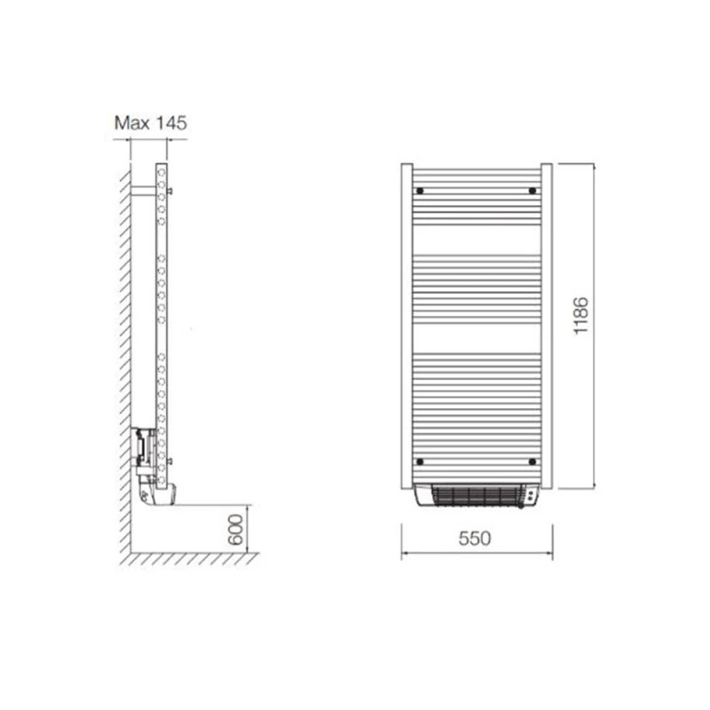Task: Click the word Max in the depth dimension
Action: pos(131,123)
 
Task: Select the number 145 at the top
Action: pos(170,123)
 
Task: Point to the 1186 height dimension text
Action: pos(580,315)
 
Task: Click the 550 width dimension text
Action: pos(477,539)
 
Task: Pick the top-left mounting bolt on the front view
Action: pos(420,191)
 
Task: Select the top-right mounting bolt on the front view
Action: pos(532,191)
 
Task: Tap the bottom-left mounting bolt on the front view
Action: pos(420,461)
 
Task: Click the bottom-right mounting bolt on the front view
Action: pos(532,461)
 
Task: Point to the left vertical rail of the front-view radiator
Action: pos(406,324)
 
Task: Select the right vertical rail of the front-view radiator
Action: pos(547,324)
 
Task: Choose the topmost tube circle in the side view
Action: pos(161,169)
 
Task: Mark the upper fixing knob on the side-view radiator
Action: pos(170,190)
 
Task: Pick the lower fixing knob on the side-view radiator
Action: pos(170,461)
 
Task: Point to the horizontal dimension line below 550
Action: pos(477,552)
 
